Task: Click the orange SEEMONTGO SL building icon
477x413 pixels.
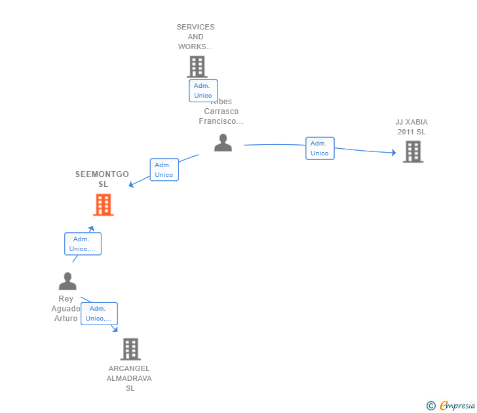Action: coord(103,205)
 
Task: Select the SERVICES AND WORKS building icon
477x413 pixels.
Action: coord(197,67)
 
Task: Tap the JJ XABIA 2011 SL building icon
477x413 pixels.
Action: coord(412,151)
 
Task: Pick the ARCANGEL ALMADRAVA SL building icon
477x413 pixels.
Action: coord(130,349)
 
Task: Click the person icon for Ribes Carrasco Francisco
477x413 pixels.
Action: coord(223,143)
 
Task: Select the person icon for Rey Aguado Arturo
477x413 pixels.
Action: coord(67,281)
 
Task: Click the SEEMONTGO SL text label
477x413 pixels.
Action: coord(102,179)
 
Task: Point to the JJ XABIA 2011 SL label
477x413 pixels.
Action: coord(411,127)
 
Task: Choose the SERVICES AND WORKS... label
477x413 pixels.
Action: coord(195,37)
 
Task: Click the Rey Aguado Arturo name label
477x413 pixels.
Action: coord(66,309)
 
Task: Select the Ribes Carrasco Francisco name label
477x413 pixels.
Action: coord(221,112)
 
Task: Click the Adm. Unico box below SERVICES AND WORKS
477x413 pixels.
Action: coord(203,90)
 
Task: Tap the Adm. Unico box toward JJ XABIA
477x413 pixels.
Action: coord(320,148)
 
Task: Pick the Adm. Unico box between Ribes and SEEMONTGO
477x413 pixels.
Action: coord(164,170)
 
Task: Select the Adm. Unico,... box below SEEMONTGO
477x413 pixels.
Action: coord(83,244)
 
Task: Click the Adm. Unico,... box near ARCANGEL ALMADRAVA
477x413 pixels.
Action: coord(99,313)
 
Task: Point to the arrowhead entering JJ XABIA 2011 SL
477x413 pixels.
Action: coord(394,153)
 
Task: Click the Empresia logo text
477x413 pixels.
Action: coord(457,406)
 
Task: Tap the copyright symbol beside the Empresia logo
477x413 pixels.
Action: coord(430,406)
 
